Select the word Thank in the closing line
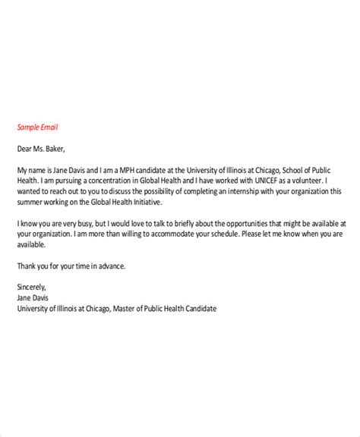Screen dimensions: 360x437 pyautogui.click(x=27, y=266)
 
